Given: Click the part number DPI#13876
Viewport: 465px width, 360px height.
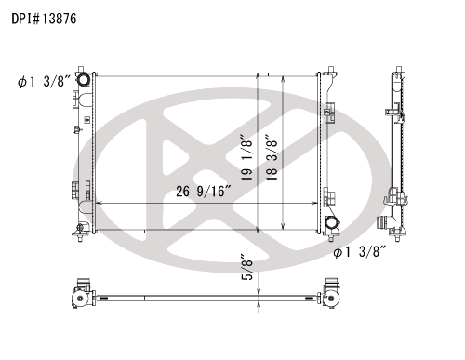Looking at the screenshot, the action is [x=44, y=19].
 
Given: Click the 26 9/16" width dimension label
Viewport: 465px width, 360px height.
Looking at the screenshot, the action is [x=204, y=192].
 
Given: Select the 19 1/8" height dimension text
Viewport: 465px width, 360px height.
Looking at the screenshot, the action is [x=247, y=157].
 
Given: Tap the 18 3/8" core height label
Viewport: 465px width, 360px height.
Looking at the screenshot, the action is [x=272, y=157].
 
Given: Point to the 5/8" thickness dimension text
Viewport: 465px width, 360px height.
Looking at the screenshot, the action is [x=247, y=267].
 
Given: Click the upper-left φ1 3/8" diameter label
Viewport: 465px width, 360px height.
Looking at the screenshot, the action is [x=45, y=82].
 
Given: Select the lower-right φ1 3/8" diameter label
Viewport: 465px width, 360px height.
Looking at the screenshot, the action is [x=360, y=251].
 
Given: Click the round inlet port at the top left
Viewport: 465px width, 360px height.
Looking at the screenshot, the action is [x=83, y=79].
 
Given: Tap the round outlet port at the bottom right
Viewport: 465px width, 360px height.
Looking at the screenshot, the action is [x=331, y=222].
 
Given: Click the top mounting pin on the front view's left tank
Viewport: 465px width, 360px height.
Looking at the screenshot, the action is [x=81, y=69].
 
